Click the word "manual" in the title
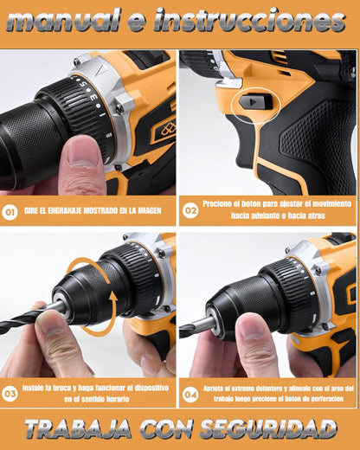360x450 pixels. click(63, 20)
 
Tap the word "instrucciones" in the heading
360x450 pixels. click(250, 20)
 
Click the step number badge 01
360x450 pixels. click(10, 212)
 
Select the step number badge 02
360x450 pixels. click(190, 210)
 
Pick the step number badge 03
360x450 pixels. click(10, 394)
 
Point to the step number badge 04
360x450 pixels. click(190, 395)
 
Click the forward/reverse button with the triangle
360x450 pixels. click(254, 102)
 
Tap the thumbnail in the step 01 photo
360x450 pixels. click(81, 153)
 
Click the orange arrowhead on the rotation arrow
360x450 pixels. click(113, 300)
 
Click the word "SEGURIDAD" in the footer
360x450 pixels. click(268, 429)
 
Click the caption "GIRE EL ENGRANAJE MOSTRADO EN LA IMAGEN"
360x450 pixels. click(93, 211)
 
